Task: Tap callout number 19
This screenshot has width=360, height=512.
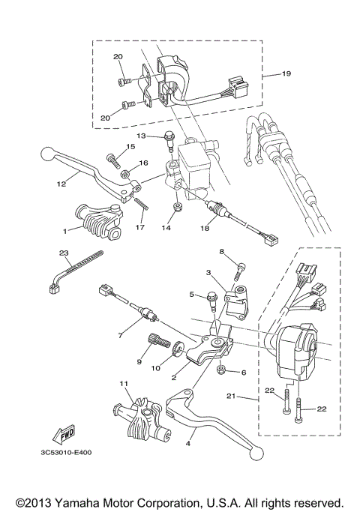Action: click(285, 75)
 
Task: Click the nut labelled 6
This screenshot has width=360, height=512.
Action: click(221, 370)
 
